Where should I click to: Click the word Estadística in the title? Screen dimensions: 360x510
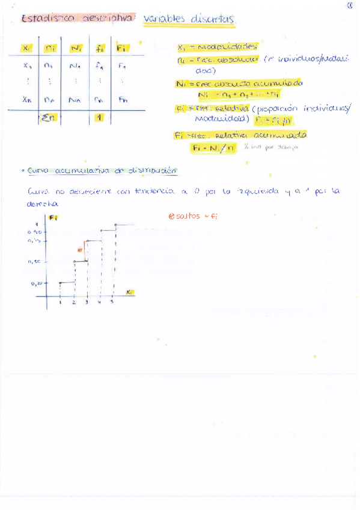click(47, 19)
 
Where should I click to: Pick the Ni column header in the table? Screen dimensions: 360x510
click(76, 48)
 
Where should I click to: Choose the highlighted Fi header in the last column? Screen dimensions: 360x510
click(121, 48)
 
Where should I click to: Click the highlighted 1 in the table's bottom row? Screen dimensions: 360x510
click(98, 118)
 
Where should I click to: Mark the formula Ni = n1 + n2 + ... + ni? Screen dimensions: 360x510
click(238, 94)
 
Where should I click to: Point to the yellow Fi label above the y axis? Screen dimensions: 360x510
click(53, 217)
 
